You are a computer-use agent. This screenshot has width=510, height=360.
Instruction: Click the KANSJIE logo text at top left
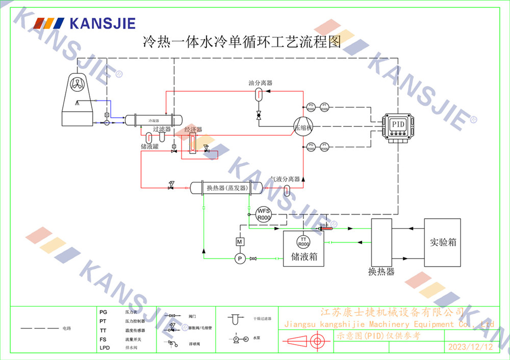click(102, 23)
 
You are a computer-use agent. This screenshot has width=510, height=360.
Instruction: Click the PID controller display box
click(397, 124)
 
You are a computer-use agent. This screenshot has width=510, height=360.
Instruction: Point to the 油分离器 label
click(260, 83)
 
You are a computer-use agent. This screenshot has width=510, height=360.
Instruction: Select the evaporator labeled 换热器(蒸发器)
click(226, 188)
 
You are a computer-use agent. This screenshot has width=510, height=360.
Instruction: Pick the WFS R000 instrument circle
click(263, 214)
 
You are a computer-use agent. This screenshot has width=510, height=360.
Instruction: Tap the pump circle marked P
click(240, 259)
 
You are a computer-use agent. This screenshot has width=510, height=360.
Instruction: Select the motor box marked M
click(240, 241)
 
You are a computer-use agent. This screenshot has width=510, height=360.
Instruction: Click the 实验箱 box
click(443, 242)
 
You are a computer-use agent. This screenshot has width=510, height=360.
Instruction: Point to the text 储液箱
click(304, 256)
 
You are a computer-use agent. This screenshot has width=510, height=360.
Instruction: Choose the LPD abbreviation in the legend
click(104, 348)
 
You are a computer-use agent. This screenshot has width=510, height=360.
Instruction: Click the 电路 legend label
click(67, 328)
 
